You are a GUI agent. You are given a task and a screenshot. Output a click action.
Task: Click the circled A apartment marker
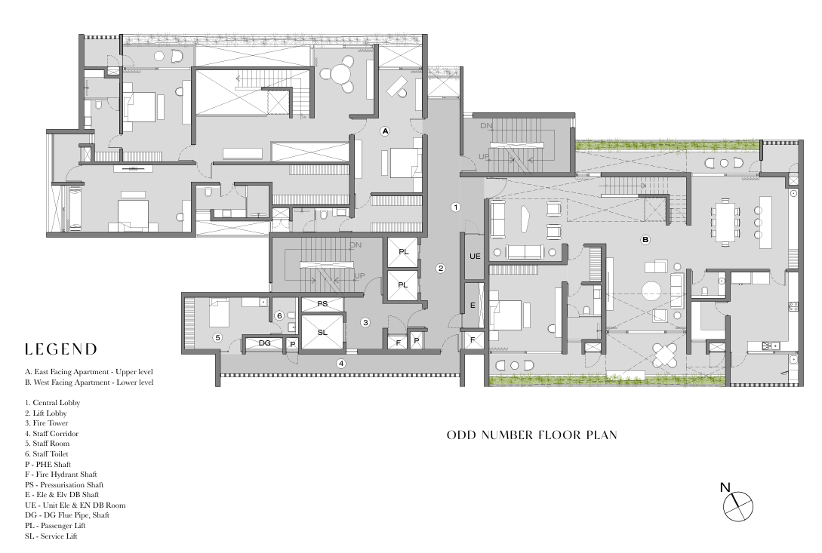[385, 131]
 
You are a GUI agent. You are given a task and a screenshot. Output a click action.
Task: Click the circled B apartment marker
[645, 240]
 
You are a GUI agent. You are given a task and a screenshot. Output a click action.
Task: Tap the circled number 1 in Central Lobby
[456, 207]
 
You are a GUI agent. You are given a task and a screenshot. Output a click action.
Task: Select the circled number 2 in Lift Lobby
[441, 269]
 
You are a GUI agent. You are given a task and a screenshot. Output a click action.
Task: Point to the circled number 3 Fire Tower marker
[365, 322]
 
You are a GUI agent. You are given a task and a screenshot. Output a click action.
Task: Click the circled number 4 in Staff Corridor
[340, 363]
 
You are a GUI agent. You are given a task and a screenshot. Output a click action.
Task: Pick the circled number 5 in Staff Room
[217, 337]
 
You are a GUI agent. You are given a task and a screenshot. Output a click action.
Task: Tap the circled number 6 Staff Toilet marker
[279, 315]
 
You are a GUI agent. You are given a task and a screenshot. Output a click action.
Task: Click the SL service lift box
[322, 332]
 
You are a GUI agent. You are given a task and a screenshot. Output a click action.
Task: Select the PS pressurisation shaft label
[322, 303]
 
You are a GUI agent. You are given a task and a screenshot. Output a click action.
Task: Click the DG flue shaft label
[265, 343]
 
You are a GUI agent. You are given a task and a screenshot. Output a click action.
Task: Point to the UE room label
[475, 257]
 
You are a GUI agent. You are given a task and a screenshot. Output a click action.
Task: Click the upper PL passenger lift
[402, 252]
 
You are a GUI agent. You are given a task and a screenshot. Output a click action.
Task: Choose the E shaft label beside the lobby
[473, 305]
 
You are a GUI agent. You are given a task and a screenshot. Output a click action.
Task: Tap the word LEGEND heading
[61, 349]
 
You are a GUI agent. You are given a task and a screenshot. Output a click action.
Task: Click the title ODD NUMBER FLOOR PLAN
[531, 435]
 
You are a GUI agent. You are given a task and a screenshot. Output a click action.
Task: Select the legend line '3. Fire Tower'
[46, 423]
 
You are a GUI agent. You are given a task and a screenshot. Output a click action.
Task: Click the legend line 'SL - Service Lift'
[51, 536]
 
